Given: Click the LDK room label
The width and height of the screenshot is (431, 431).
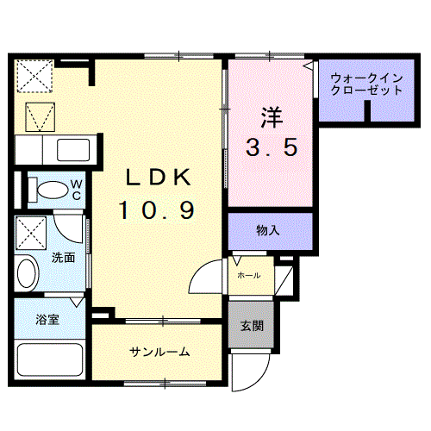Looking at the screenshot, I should point(157,178).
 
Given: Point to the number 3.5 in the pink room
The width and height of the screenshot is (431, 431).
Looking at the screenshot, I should point(269,147).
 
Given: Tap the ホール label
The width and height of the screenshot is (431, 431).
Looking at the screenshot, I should point(248,275).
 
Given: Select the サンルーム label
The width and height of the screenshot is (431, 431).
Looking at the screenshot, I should point(159,352).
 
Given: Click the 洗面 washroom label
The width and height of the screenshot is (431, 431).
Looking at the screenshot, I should point(62,258).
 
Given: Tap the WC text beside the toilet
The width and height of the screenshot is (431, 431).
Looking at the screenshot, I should point(76,188).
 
